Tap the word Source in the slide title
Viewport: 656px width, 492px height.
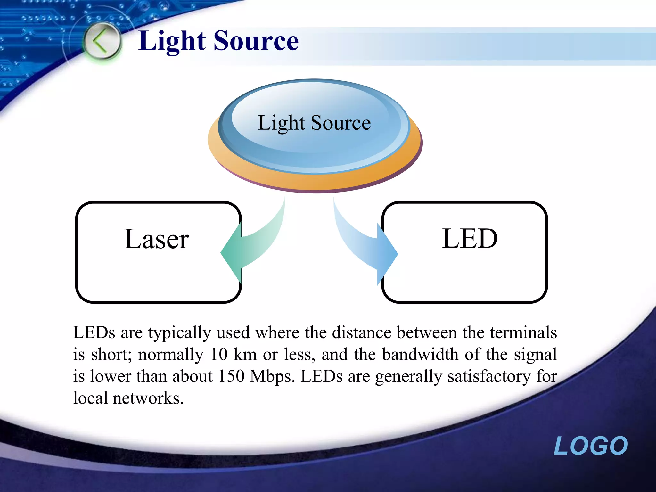coord(256,41)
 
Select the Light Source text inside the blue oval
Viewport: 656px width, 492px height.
coord(314,123)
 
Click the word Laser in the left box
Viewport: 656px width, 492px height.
coord(157,239)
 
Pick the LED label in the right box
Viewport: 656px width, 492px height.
coord(470,239)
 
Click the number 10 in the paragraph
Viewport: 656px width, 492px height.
coord(219,355)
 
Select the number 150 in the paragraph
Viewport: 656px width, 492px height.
coord(231,376)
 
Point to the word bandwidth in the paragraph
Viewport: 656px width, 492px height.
coord(420,355)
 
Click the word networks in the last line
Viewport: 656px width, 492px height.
coord(148,398)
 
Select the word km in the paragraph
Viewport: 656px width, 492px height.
coord(245,355)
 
